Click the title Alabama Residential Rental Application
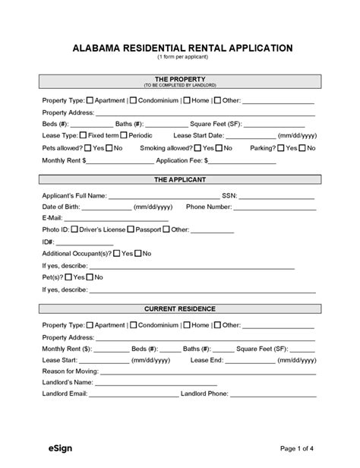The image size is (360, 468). (180, 47)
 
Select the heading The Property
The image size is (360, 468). (180, 78)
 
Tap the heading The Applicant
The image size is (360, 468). (180, 180)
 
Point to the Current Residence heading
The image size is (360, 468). (180, 309)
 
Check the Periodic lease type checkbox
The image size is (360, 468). (124, 134)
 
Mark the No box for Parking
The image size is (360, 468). (304, 147)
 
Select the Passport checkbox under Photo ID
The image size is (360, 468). (131, 229)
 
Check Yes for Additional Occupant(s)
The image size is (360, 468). (116, 253)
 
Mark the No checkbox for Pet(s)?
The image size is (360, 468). (90, 277)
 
